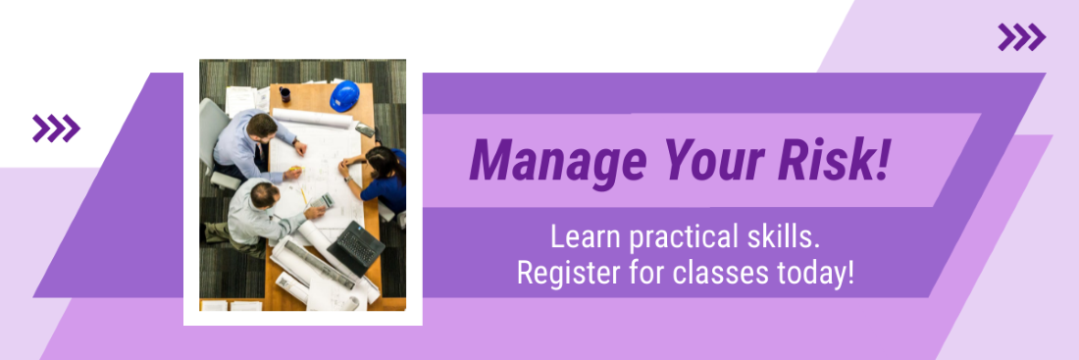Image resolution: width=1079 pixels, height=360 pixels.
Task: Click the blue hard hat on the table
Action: pyautogui.click(x=344, y=96)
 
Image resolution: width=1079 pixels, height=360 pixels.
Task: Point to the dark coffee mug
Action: pyautogui.click(x=284, y=94)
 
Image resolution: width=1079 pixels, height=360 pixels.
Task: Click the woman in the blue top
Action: pyautogui.click(x=377, y=180)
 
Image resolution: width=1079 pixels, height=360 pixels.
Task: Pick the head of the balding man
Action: pyautogui.click(x=264, y=195)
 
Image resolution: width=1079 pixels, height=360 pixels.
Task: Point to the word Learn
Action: pyautogui.click(x=586, y=237)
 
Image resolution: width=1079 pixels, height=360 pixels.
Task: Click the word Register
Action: pyautogui.click(x=568, y=274)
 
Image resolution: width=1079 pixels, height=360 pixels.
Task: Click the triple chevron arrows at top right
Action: pyautogui.click(x=1022, y=37)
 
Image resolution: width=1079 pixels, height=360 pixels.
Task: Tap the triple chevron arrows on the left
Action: pyautogui.click(x=57, y=129)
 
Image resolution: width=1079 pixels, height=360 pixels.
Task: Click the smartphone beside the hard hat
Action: pyautogui.click(x=366, y=129)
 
